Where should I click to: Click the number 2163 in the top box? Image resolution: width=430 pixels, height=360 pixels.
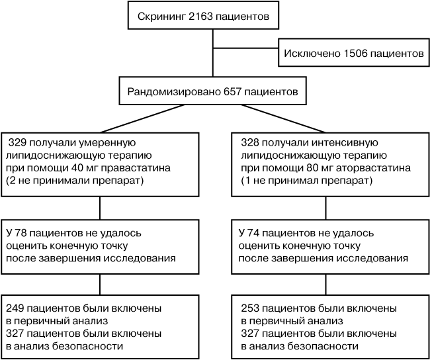coord(200,17)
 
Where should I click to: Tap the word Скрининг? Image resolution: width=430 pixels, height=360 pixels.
coord(161,17)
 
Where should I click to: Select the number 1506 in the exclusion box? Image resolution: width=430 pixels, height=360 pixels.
coord(355,53)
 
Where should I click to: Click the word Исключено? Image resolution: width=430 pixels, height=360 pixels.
coord(312,53)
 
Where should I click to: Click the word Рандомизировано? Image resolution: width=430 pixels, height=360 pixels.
coord(174,91)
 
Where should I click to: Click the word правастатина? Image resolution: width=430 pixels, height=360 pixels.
coord(136,168)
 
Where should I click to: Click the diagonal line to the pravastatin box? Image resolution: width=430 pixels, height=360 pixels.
coord(142,118)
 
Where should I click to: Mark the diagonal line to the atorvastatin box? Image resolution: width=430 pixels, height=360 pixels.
coord(284,118)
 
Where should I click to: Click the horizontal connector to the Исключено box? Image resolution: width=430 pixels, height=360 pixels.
coord(245,48)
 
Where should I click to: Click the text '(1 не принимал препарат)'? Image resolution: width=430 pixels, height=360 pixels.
coord(306,181)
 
